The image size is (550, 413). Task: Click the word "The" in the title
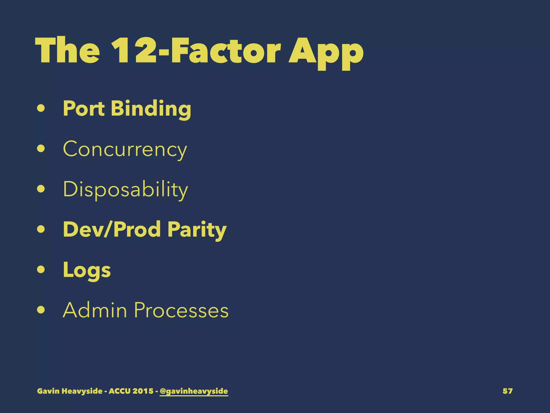67,51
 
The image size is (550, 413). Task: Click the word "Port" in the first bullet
84,108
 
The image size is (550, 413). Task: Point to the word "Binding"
151,109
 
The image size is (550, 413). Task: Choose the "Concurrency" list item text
125,149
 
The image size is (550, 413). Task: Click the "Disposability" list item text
125,190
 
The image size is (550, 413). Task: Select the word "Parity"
197,230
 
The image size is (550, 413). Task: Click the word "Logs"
87,270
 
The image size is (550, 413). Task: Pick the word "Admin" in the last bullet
95,310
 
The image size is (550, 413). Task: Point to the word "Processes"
181,310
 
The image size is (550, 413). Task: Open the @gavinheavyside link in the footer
194,391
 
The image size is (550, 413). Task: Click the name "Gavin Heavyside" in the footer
70,391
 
